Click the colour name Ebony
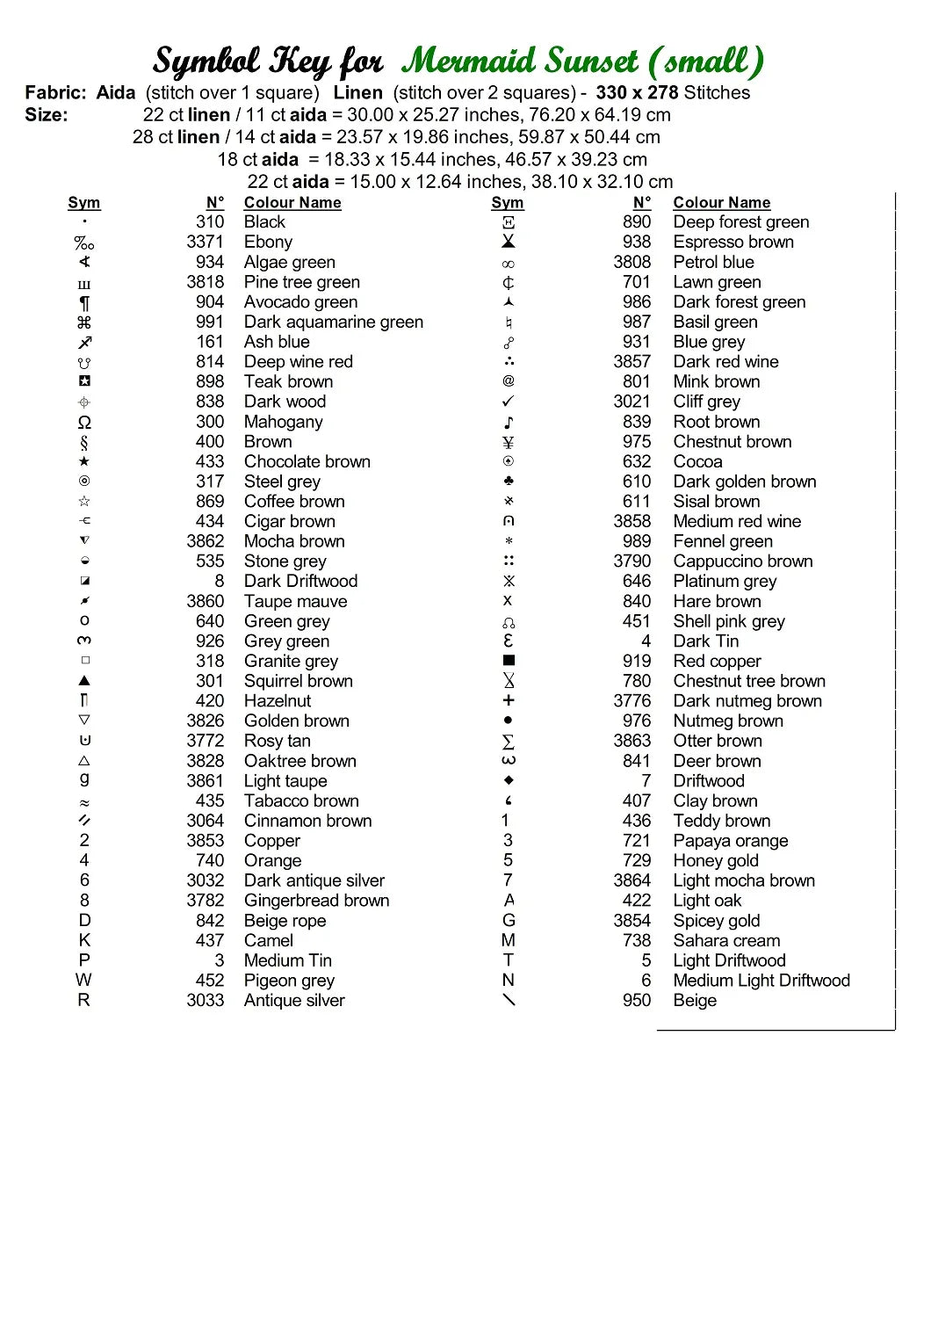coord(268,243)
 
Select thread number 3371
coord(205,243)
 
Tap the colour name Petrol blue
coord(713,263)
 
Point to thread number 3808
coord(632,263)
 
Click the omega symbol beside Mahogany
coord(84,423)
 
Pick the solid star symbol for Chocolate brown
coord(84,461)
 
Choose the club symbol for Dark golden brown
coord(509,482)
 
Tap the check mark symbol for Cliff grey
coord(509,402)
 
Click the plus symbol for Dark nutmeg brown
coord(509,700)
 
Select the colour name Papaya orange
coord(730,841)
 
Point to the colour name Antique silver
coord(294,1001)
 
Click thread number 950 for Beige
coord(637,1001)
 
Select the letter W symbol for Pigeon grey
coord(83,980)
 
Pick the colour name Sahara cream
coord(726,940)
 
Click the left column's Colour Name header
coord(292,203)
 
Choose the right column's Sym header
coord(508,203)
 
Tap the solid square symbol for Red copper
coord(509,661)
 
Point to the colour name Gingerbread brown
coord(316,901)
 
